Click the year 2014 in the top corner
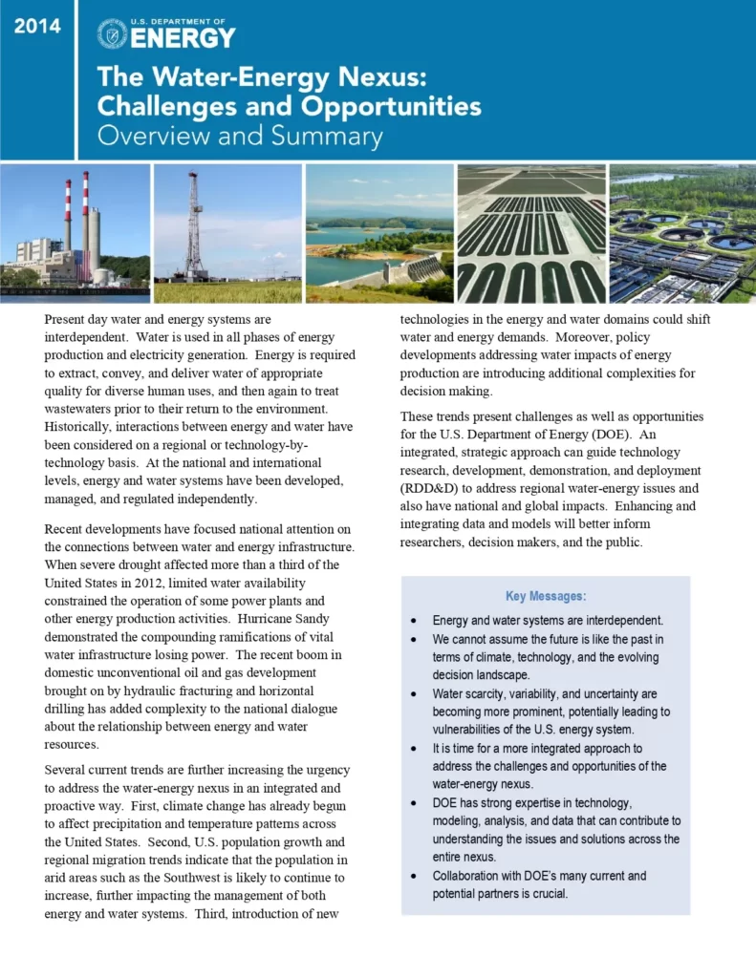coord(36,27)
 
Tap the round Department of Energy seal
coord(112,33)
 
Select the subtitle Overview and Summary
coord(240,136)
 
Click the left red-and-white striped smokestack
coord(68,215)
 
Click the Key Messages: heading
coord(546,597)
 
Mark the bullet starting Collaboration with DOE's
coord(539,884)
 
